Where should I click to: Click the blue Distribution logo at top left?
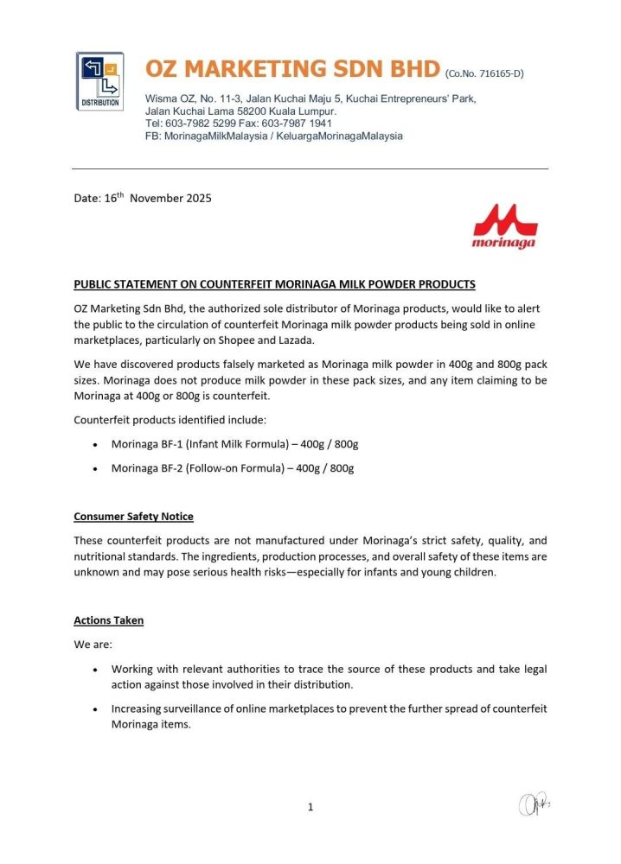(100, 79)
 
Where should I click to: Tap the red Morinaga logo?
(503, 226)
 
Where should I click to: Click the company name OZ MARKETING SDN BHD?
(292, 69)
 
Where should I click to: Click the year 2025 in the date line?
(195, 199)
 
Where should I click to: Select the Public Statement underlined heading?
(274, 284)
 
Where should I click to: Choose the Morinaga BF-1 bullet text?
(234, 444)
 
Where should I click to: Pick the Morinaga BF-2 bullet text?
(233, 468)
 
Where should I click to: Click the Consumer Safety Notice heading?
(133, 517)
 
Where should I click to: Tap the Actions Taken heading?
(109, 620)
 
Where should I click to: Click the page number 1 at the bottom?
(310, 807)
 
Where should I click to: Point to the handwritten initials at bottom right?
(535, 804)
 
